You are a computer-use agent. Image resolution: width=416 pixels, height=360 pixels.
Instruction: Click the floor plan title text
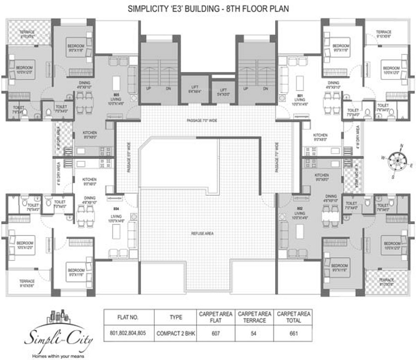coord(208,8)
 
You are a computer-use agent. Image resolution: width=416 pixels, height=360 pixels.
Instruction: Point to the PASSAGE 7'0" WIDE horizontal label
coord(202,120)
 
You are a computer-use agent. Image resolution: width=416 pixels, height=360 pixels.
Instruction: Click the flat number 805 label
coord(116,95)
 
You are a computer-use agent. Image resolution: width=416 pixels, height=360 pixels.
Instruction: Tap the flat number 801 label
coord(300,95)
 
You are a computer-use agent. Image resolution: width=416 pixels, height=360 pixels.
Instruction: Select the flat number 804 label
coord(116,208)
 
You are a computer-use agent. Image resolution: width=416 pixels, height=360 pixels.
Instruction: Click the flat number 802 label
coord(300,208)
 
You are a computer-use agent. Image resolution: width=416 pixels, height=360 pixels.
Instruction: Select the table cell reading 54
coord(254,334)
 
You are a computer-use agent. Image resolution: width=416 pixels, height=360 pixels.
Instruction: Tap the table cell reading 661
coord(294,334)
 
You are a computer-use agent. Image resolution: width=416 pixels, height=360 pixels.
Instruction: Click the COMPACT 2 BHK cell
coord(176,334)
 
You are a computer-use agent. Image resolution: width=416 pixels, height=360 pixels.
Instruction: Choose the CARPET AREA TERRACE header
coord(254,317)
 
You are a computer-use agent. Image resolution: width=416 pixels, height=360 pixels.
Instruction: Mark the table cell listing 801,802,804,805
coord(127,334)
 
